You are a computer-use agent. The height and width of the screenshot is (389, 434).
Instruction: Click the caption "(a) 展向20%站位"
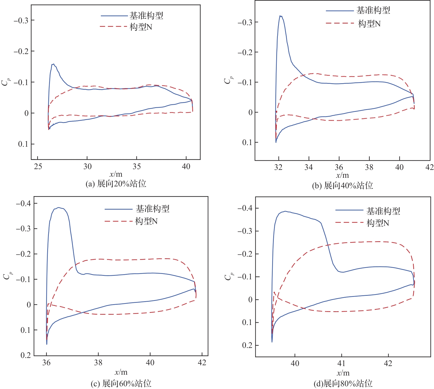click(x=116, y=184)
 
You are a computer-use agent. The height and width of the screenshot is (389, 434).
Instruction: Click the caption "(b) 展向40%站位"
click(x=342, y=186)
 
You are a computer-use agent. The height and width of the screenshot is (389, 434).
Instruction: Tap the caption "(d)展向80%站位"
click(x=343, y=384)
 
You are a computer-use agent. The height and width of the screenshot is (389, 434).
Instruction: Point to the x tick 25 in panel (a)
click(x=38, y=167)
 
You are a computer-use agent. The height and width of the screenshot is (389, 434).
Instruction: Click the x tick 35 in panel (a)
click(x=136, y=167)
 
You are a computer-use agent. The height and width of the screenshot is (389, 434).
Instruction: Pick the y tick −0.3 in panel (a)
click(x=21, y=21)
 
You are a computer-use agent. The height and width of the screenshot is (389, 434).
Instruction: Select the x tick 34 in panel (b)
click(x=309, y=167)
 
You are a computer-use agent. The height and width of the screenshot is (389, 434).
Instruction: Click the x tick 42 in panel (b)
click(x=429, y=167)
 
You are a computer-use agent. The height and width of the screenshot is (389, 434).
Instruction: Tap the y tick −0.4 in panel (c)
click(x=23, y=203)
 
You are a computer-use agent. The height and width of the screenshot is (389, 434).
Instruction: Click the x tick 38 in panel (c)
click(x=98, y=363)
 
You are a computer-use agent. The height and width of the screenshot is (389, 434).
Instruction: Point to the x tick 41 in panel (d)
click(x=341, y=363)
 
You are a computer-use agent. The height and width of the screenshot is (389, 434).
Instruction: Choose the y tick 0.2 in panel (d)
click(x=247, y=346)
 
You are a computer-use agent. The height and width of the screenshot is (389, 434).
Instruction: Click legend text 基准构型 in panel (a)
click(x=146, y=16)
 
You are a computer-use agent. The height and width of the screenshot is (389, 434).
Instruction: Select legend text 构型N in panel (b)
click(x=369, y=24)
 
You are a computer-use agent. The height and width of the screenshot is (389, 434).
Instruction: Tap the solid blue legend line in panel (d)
click(x=349, y=210)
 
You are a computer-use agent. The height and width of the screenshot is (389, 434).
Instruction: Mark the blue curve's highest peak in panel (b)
click(x=281, y=16)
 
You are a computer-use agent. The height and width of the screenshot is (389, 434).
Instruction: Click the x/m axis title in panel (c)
click(x=121, y=372)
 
